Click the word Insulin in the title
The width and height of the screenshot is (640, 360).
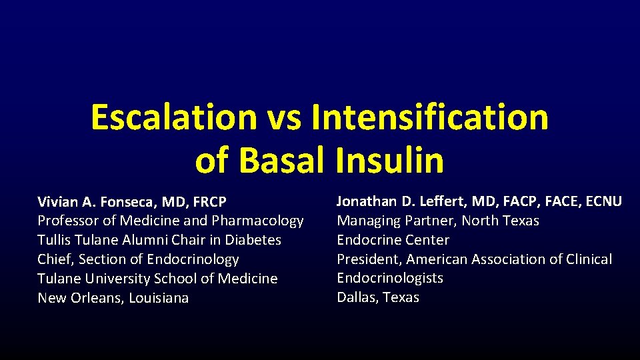pyautogui.click(x=389, y=160)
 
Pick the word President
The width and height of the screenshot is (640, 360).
pyautogui.click(x=369, y=259)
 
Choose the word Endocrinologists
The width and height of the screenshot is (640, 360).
pyautogui.click(x=390, y=278)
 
